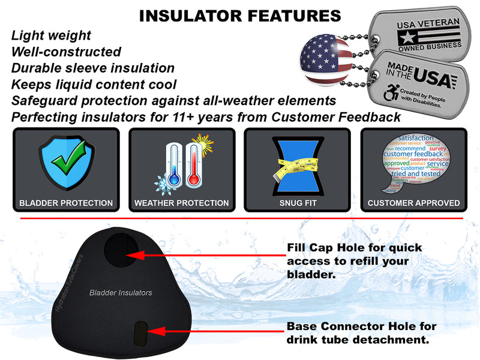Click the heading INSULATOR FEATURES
pos(239,16)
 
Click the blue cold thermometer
pos(174,166)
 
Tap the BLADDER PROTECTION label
pos(66,203)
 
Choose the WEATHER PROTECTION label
pos(181,203)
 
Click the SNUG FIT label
pos(297,203)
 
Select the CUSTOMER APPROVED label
pos(414,203)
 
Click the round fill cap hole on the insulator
pos(122,253)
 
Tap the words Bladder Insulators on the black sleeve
pos(120,293)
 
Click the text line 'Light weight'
pos(51,35)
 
